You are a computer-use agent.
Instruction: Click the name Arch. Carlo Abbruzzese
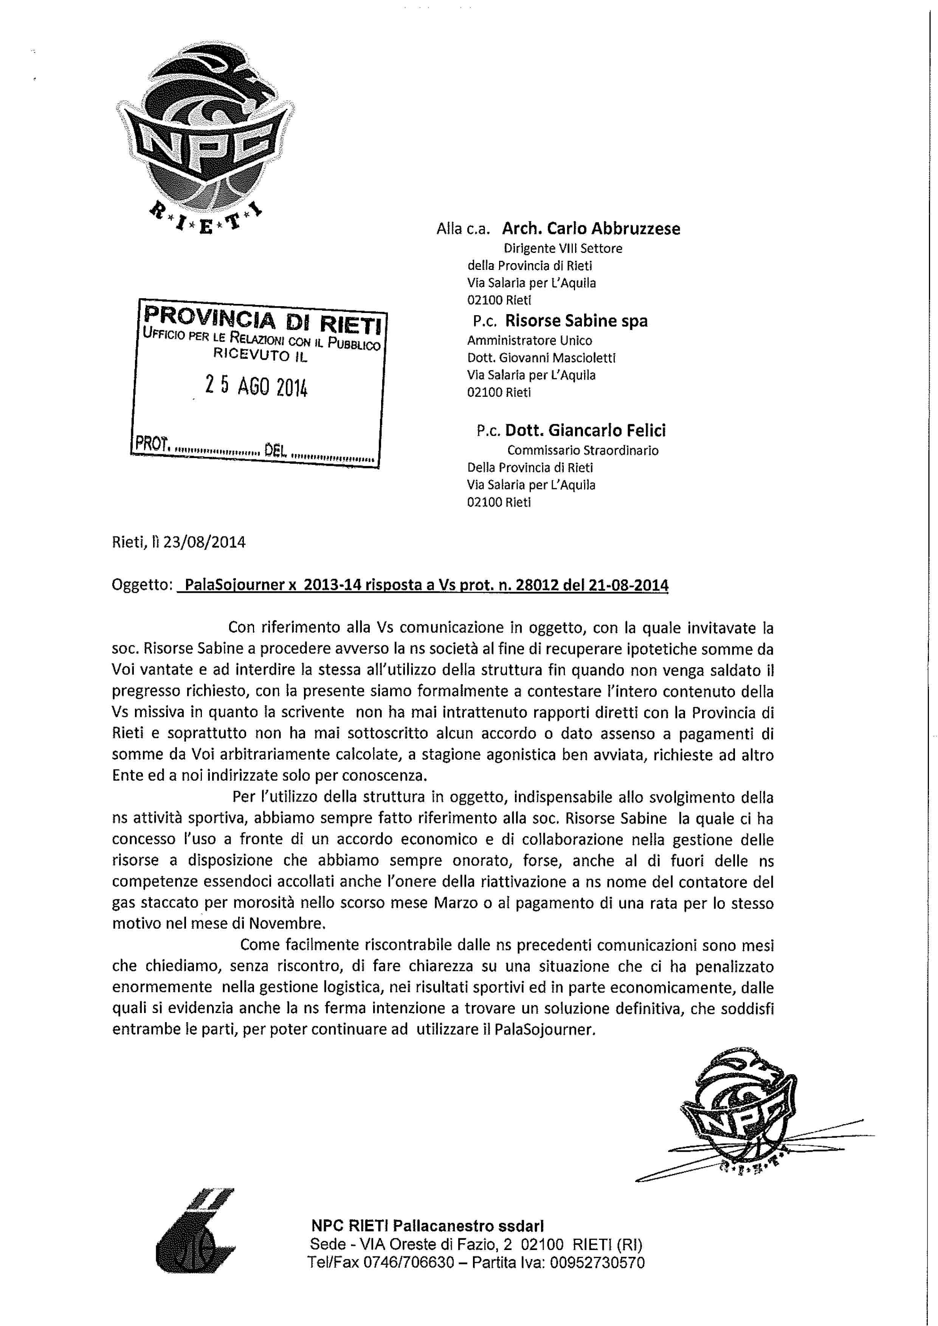click(x=591, y=229)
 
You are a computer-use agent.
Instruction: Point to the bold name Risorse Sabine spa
click(x=576, y=321)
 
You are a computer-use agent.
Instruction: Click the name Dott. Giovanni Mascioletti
click(x=541, y=358)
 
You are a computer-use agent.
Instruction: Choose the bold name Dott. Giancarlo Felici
click(x=585, y=430)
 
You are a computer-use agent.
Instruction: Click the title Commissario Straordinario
click(x=583, y=450)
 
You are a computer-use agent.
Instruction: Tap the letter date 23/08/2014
click(x=205, y=542)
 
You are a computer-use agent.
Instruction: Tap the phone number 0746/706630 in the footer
click(x=408, y=1262)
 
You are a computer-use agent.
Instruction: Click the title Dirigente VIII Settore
click(x=563, y=248)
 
